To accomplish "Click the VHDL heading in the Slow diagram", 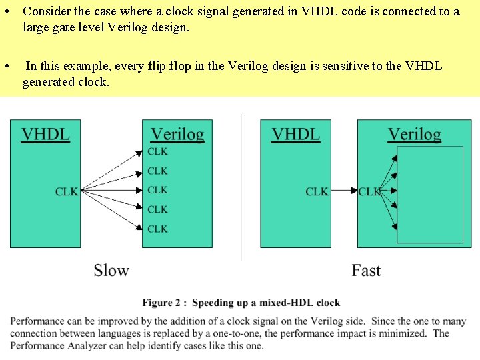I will [x=45, y=133].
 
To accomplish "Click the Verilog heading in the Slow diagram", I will [x=177, y=134].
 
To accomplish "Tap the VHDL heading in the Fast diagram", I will [x=295, y=133].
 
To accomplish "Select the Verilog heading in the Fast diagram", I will [x=414, y=134].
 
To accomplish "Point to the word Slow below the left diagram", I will [x=111, y=270].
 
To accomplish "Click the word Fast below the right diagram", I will [x=366, y=270].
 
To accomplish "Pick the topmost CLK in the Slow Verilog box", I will [x=157, y=151].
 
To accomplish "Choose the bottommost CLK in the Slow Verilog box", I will [x=157, y=229].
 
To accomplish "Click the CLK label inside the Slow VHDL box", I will [x=67, y=191].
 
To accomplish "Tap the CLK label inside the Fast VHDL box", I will [x=317, y=191].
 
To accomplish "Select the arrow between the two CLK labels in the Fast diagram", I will [x=344, y=191].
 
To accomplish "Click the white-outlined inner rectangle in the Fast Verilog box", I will [x=429, y=195].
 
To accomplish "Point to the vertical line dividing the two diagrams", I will [x=241, y=187].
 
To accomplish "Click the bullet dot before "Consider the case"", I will [x=6, y=12].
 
